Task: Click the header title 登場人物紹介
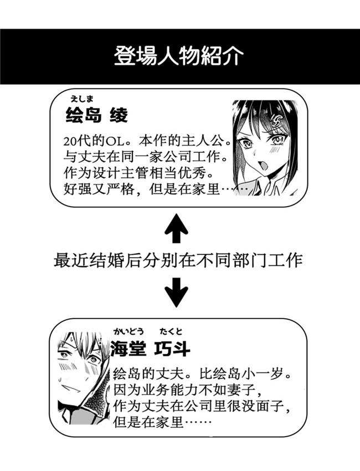pos(179,56)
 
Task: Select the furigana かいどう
pos(128,331)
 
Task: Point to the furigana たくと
pos(171,331)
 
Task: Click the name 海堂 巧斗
pos(150,349)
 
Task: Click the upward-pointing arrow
pos(177,228)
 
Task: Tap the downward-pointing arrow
pos(177,292)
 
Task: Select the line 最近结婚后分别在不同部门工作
pos(178,260)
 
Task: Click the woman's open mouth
pos(264,165)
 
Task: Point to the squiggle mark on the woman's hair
pos(275,120)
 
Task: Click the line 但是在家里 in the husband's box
pos(163,422)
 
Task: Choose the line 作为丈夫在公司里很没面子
pos(203,406)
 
